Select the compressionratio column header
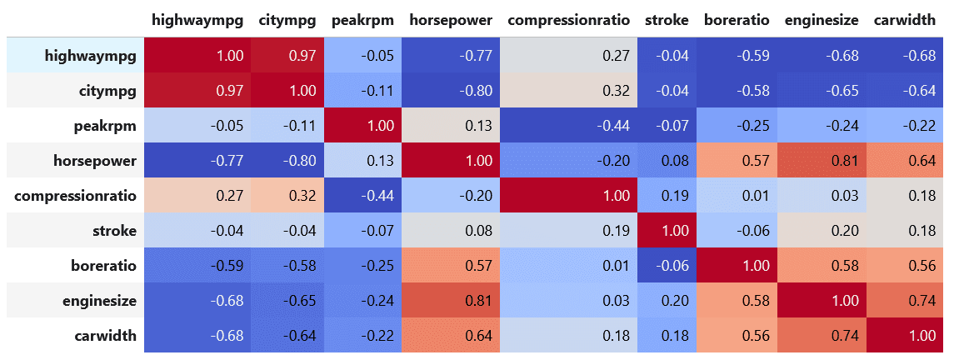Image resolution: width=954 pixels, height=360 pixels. pos(568,19)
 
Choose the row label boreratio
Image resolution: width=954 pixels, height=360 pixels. pos(104,264)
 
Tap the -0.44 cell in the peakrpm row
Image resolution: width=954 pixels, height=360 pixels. pos(568,125)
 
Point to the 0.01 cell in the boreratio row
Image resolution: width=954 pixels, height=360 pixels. pos(568,264)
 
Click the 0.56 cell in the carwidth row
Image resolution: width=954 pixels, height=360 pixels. pos(738,334)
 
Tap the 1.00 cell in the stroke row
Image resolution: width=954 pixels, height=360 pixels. pos(667,229)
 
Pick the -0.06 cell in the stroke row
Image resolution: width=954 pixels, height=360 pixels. pos(738,229)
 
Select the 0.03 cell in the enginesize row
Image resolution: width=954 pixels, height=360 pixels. pos(568,299)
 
